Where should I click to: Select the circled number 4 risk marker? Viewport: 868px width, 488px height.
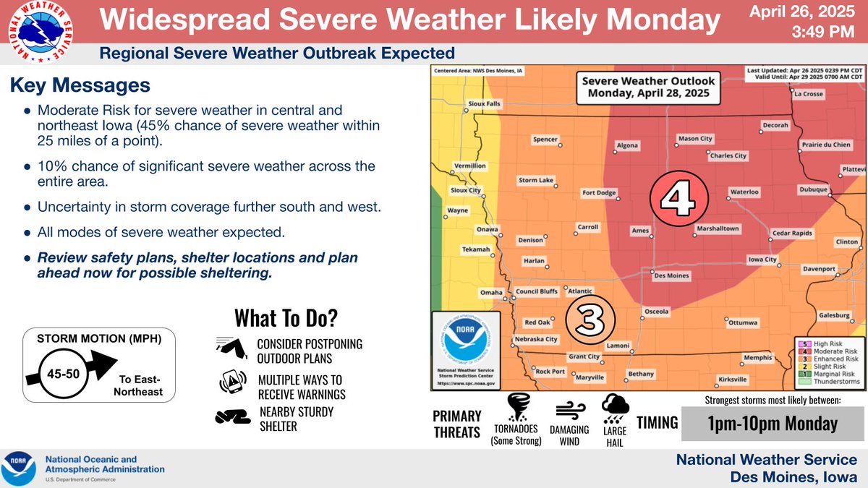(x=678, y=197)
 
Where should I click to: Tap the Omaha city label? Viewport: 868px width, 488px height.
(x=491, y=293)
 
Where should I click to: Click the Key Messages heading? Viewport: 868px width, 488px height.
(x=80, y=85)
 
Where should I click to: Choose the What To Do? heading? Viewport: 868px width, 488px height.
(x=286, y=318)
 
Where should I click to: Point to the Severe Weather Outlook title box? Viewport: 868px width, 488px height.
(x=649, y=87)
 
